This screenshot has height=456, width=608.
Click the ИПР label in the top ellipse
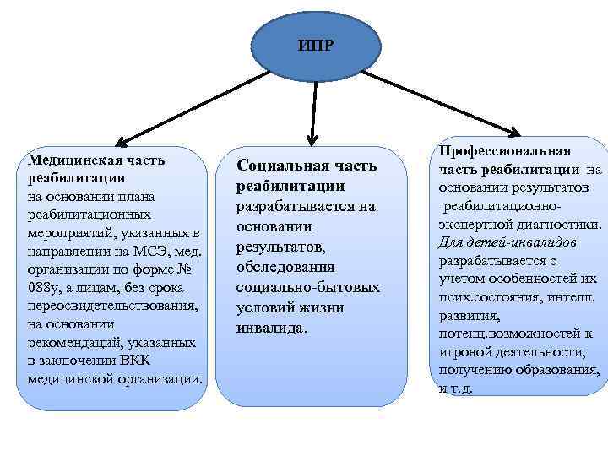tap(316, 45)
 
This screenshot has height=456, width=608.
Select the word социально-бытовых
tap(307, 288)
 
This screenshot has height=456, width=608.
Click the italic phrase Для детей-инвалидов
tap(508, 242)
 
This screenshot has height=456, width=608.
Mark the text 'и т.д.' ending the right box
tap(455, 389)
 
